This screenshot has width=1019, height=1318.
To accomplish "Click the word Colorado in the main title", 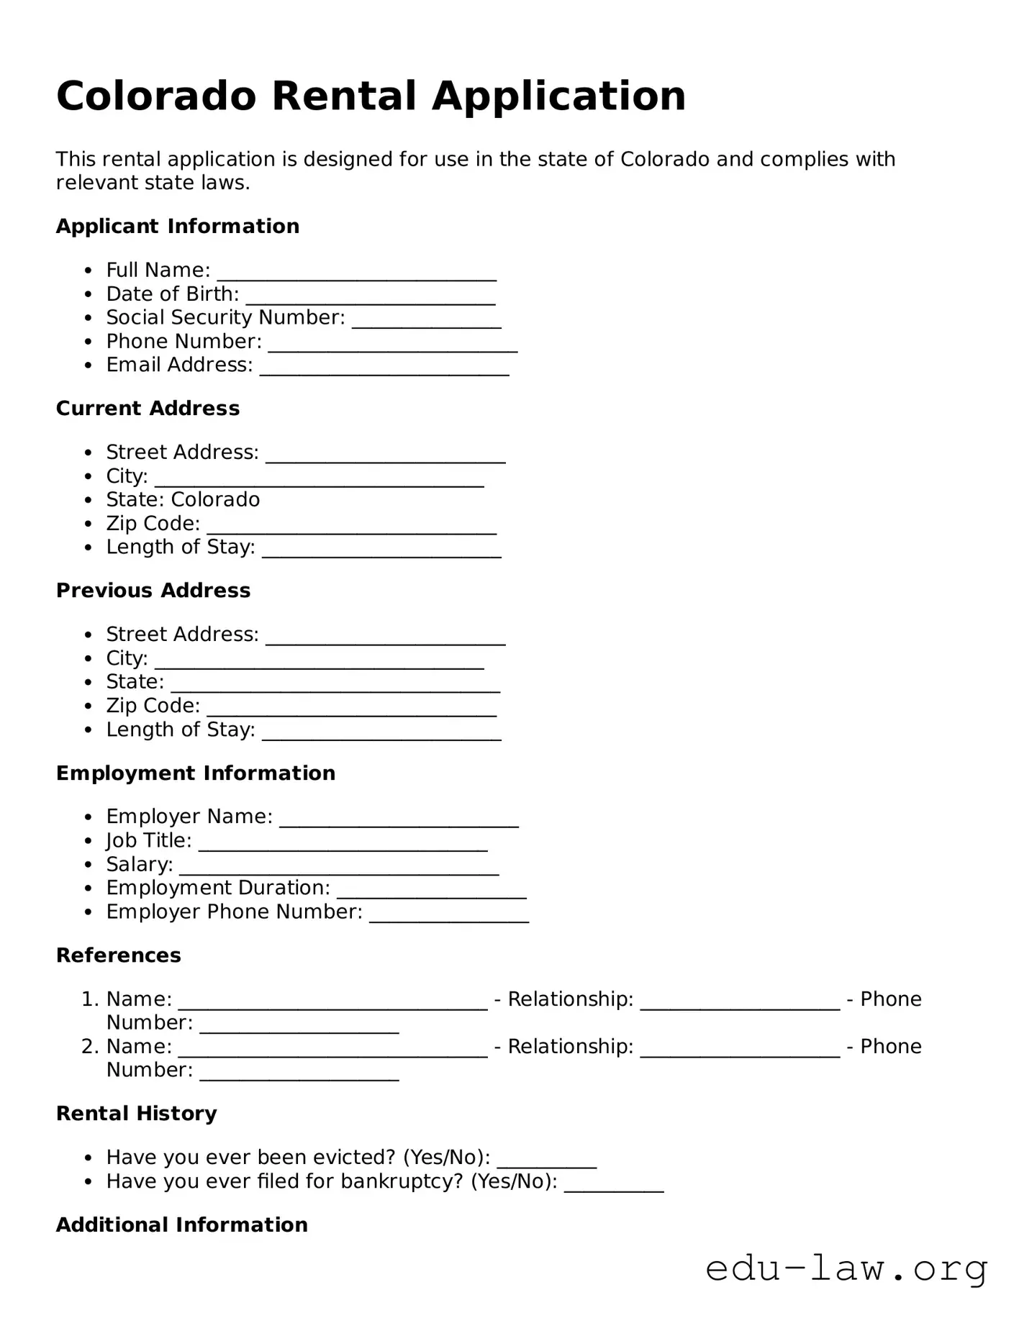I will [x=156, y=96].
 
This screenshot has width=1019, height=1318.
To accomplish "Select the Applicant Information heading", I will [x=178, y=226].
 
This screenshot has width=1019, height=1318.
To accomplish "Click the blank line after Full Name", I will [x=356, y=273].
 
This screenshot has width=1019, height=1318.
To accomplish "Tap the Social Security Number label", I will [x=225, y=317].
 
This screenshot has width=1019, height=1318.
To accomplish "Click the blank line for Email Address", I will [x=384, y=368].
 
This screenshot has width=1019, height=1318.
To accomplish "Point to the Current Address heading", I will [x=148, y=408].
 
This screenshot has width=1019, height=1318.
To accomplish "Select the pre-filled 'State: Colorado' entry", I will [x=183, y=499].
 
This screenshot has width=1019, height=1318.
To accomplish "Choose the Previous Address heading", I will [x=153, y=590].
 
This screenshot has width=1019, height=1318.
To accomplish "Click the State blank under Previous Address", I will [x=335, y=685].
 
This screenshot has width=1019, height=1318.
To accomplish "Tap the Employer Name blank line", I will [x=399, y=819].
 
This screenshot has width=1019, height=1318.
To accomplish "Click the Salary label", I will [x=139, y=864].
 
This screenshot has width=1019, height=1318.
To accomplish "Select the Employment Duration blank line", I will [x=431, y=891].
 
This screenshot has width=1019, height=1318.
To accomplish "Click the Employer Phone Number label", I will [x=234, y=912].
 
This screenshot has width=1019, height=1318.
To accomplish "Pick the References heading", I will [x=119, y=955].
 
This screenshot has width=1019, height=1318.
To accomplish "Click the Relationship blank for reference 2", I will [x=739, y=1050].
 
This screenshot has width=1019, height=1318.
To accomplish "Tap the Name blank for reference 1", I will [x=332, y=1002].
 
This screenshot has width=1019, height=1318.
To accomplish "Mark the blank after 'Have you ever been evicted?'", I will [x=546, y=1160].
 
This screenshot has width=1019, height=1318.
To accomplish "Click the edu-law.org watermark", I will [x=846, y=1268].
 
